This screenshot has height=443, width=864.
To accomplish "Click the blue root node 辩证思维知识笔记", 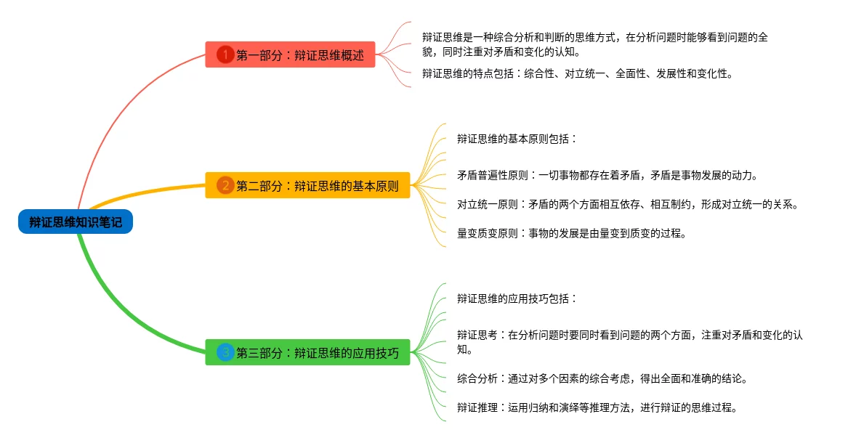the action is pyautogui.click(x=76, y=222).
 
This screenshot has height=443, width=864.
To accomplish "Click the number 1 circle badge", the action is pyautogui.click(x=225, y=54).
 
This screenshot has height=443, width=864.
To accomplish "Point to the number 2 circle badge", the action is pyautogui.click(x=225, y=185).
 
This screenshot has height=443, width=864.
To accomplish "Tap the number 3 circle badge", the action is pyautogui.click(x=225, y=353).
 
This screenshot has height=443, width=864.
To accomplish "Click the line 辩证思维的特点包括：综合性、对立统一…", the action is pyautogui.click(x=577, y=73).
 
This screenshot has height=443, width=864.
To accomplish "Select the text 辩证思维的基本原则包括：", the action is pyautogui.click(x=517, y=139).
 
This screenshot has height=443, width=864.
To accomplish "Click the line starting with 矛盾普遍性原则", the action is pyautogui.click(x=607, y=175).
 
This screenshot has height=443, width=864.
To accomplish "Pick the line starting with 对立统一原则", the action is pyautogui.click(x=628, y=204).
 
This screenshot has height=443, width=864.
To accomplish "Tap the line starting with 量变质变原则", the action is pyautogui.click(x=571, y=233).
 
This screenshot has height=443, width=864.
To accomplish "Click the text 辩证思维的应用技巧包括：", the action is pyautogui.click(x=517, y=298).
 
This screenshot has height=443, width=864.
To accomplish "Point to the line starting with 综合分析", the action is pyautogui.click(x=602, y=378).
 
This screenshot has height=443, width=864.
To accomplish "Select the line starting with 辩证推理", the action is pyautogui.click(x=597, y=407).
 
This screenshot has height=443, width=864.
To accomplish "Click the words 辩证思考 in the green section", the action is pyautogui.click(x=477, y=336).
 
